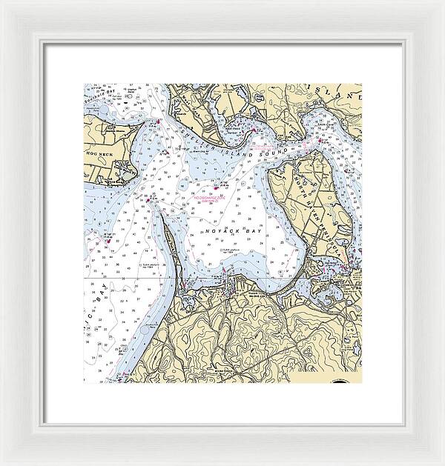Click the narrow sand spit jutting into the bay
[172, 244]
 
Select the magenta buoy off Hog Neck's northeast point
[156, 121]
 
